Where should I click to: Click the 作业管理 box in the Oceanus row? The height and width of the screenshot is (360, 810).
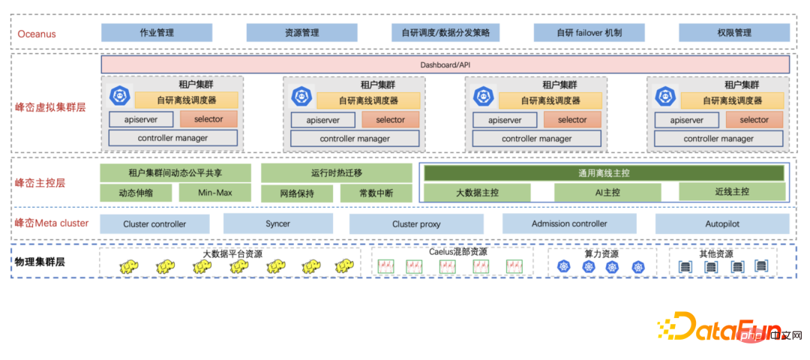pyautogui.click(x=157, y=33)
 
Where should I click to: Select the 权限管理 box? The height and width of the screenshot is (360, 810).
pyautogui.click(x=733, y=33)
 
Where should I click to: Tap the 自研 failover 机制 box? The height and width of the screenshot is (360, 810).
pyautogui.click(x=589, y=33)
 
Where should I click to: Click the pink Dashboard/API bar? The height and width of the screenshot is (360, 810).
pyautogui.click(x=445, y=65)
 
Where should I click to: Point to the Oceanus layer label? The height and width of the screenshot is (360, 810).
pyautogui.click(x=37, y=34)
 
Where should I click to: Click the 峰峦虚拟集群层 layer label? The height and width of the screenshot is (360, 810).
pyautogui.click(x=51, y=107)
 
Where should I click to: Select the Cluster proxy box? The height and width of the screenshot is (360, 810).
pyautogui.click(x=416, y=223)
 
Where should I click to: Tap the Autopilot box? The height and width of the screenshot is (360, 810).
pyautogui.click(x=722, y=223)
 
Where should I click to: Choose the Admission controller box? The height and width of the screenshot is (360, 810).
pyautogui.click(x=569, y=223)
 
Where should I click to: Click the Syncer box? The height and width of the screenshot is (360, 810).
pyautogui.click(x=277, y=223)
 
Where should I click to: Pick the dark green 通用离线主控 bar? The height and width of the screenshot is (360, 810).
pyautogui.click(x=604, y=173)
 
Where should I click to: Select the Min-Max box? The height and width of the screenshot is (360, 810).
pyautogui.click(x=214, y=193)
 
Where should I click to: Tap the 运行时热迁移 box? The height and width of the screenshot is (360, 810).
pyautogui.click(x=336, y=173)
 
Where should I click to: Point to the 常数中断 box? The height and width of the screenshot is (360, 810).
pyautogui.click(x=376, y=193)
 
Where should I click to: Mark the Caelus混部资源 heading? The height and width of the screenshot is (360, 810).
pyautogui.click(x=457, y=252)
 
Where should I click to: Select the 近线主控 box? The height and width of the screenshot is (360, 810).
pyautogui.click(x=732, y=192)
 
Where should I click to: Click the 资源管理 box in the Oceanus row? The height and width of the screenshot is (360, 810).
pyautogui.click(x=301, y=33)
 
